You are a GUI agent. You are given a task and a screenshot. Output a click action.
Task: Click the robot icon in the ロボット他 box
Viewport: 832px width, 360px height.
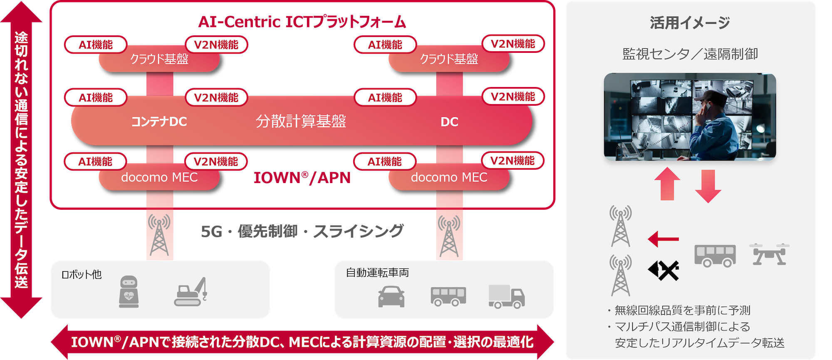(129, 292)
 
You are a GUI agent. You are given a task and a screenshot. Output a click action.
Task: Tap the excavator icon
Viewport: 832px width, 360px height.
(191, 293)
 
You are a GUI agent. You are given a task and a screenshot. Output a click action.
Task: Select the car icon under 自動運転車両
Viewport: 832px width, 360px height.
(391, 297)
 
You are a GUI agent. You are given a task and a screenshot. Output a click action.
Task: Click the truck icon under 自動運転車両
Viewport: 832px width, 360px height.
(506, 297)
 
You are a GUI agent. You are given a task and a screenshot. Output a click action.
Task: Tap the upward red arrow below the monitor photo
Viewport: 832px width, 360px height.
(667, 184)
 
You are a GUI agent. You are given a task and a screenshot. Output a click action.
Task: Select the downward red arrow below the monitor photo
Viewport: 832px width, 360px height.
(708, 186)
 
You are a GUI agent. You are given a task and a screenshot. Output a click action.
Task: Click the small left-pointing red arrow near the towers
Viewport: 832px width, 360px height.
(663, 239)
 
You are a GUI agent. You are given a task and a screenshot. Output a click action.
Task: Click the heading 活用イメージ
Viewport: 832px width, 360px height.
(690, 23)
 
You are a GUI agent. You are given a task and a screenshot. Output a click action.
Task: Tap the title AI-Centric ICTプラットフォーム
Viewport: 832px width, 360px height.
(302, 22)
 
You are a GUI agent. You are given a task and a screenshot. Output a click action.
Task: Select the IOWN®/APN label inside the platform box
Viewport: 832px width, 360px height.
(302, 178)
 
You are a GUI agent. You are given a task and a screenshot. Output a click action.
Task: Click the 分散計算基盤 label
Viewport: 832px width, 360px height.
(301, 122)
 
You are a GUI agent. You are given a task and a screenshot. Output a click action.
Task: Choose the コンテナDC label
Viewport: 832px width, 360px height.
(159, 122)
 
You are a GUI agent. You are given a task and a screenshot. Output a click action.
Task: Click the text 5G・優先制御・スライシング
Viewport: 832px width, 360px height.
(302, 231)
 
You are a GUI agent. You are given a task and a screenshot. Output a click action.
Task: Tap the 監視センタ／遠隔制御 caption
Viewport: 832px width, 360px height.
(690, 54)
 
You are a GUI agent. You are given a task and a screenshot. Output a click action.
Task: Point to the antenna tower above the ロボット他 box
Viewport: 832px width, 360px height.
(159, 235)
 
